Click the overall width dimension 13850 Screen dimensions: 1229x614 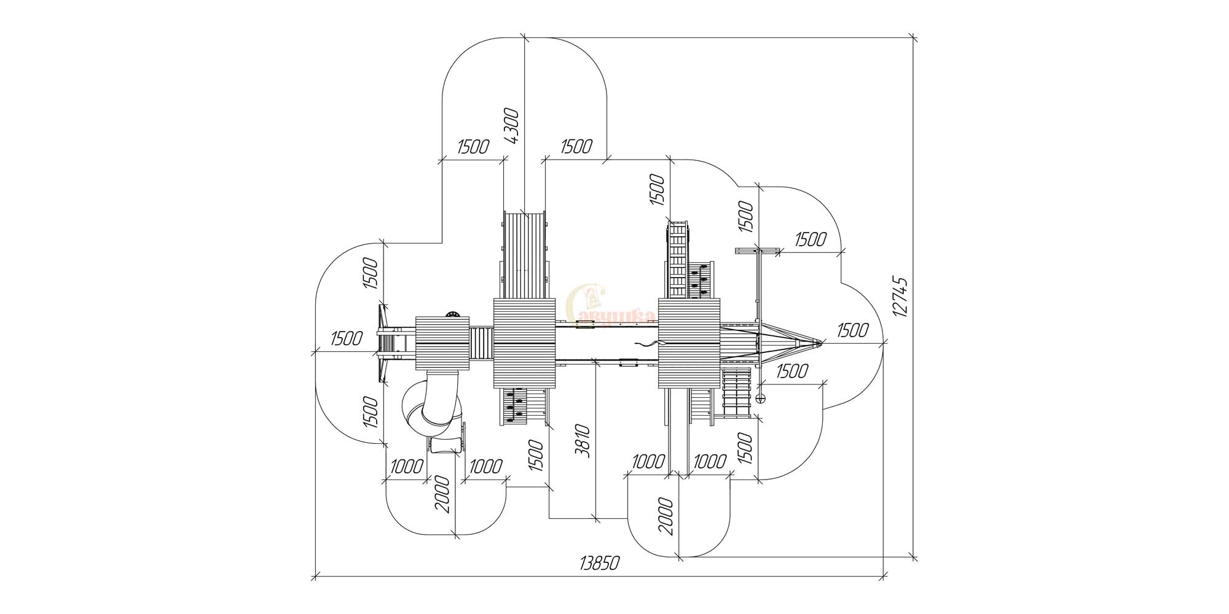599,563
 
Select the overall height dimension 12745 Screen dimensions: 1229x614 901,297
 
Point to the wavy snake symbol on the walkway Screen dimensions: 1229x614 645,344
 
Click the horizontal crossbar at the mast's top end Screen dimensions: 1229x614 757,251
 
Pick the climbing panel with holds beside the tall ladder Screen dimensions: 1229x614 700,281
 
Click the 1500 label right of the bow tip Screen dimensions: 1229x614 853,330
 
